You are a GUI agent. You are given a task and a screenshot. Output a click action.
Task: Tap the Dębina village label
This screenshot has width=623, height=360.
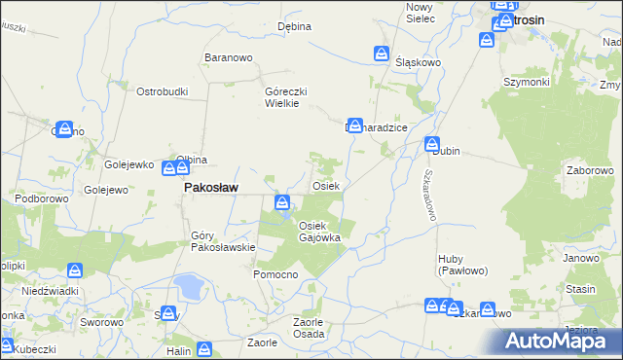click(294, 26)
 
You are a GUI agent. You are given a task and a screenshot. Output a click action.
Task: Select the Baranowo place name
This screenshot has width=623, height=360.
click(229, 58)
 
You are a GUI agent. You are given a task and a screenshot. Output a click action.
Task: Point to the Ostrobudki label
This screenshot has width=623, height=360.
click(162, 91)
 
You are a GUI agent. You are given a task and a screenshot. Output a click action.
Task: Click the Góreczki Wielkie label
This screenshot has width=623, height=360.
click(287, 97)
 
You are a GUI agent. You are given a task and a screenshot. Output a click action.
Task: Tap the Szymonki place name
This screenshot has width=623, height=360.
click(526, 82)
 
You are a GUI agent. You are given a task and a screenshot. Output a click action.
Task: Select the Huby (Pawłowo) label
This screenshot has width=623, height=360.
click(462, 264)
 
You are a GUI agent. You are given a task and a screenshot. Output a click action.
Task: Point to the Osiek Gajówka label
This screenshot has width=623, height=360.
click(318, 232)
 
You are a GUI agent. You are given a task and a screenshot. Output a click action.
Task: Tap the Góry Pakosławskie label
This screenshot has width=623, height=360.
click(223, 240)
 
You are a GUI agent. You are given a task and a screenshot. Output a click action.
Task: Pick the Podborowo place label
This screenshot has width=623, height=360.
click(38, 198)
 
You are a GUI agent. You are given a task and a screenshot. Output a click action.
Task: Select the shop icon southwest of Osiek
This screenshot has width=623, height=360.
click(281, 202)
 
